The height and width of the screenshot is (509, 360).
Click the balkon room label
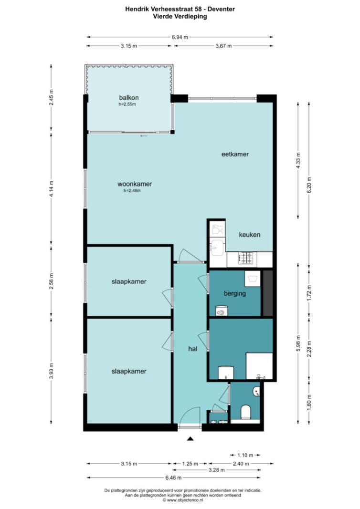point(128,98)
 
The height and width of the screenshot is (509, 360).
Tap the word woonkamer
point(135,184)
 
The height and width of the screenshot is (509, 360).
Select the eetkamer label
point(235,154)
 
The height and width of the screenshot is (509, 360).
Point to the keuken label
point(250,235)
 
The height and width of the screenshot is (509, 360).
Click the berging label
point(234,294)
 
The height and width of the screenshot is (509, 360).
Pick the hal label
point(193,349)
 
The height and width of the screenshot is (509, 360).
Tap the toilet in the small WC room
point(245,412)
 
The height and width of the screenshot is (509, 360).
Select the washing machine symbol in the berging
point(253,279)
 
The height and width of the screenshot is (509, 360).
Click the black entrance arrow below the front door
point(191,438)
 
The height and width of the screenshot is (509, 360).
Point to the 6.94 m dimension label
point(180,37)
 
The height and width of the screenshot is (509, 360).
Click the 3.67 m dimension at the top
point(223,46)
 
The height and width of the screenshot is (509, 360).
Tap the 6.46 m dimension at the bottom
point(173,478)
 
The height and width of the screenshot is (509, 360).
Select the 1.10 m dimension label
point(245,455)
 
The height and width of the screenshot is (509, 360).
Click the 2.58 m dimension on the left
point(51,281)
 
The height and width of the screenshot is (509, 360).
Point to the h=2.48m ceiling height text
point(132,191)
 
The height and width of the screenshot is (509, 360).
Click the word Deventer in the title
point(221,9)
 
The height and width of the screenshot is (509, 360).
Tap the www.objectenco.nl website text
point(185,500)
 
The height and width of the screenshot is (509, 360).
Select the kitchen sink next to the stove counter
point(217,246)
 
